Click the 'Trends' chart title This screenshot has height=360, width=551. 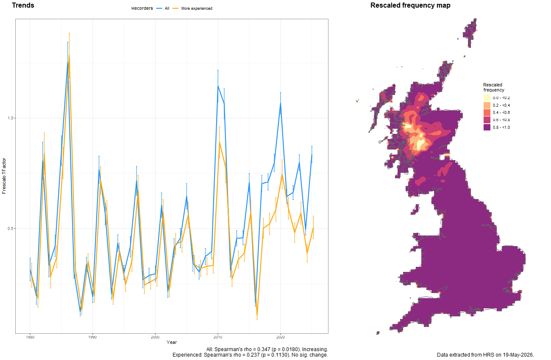coord(23,5)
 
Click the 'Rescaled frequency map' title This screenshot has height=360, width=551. coord(410,6)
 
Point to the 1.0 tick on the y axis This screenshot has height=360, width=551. coord(10,118)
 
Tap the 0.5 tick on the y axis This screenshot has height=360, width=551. coord(10,229)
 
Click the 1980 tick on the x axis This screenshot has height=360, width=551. coord(30,337)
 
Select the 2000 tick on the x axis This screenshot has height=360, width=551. coord(155,337)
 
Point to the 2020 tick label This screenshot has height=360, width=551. coord(281,337)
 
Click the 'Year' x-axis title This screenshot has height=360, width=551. coord(172,342)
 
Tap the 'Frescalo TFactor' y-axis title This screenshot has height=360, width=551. coord(4,176)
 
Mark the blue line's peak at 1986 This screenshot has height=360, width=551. coord(68,62)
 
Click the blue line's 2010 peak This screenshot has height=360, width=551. coord(218,86)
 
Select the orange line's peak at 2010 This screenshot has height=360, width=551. coord(220,142)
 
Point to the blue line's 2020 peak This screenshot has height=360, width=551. coord(281,103)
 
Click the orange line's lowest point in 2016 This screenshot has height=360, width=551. coord(257,316)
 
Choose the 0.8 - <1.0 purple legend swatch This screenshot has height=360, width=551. coord(487,127)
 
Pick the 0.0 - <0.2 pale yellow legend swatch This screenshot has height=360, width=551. coord(487,98)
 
